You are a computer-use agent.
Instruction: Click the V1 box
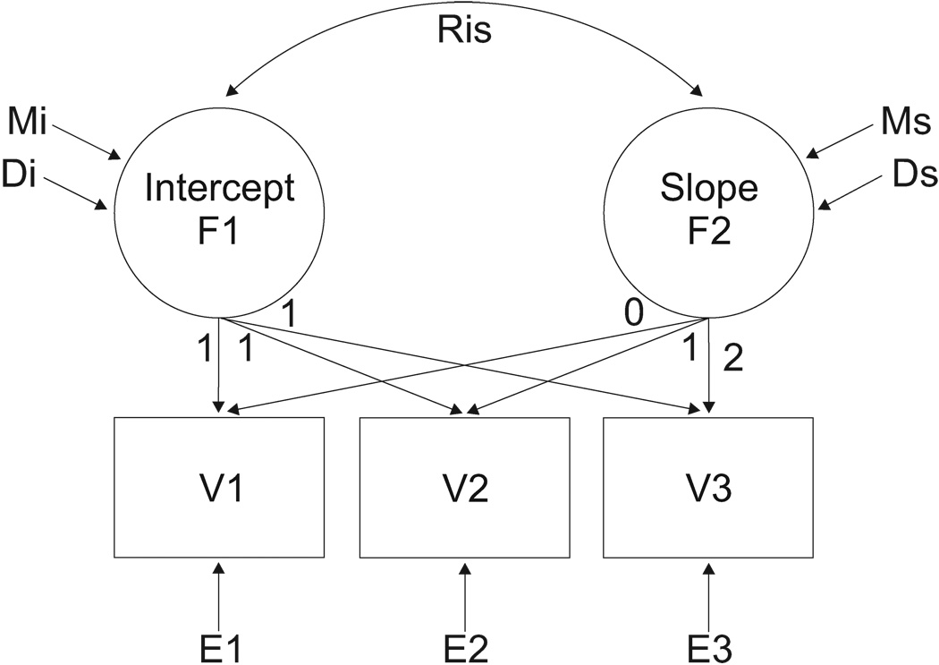[218, 487]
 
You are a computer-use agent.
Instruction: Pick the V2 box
[464, 487]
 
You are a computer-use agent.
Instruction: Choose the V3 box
[709, 487]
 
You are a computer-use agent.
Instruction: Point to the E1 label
[218, 644]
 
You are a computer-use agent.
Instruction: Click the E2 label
[464, 644]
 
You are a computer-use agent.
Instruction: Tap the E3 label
[709, 644]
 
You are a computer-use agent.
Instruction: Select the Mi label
[28, 118]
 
